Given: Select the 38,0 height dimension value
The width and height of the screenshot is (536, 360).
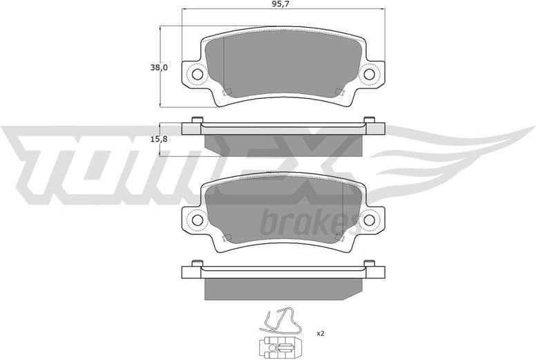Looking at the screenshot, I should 160,68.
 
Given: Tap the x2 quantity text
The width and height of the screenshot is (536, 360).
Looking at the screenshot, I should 320,334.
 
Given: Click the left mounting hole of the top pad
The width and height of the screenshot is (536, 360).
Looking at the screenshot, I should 198,74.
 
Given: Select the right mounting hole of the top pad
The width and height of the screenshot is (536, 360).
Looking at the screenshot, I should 369,74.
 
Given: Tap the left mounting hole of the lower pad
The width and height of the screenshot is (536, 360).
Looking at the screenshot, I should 198,220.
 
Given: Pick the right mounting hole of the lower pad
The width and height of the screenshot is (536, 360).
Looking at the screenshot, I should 369,220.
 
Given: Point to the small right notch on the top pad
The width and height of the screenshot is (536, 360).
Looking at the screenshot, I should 339,92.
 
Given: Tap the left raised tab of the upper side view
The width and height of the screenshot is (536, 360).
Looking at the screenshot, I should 196,120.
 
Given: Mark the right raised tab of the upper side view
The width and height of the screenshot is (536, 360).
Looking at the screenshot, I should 370,120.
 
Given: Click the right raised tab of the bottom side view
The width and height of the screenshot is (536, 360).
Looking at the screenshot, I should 370,264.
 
